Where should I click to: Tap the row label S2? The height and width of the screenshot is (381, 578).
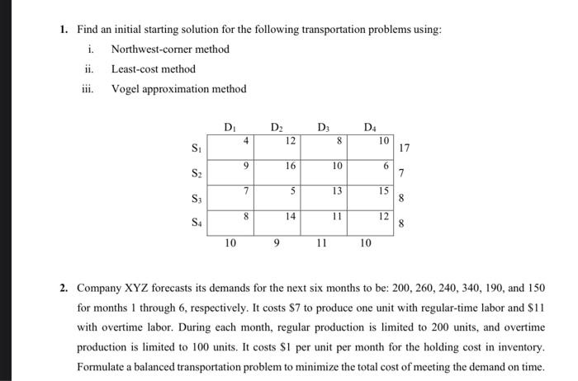click(x=196, y=174)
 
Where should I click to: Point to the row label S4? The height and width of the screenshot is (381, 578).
click(x=196, y=223)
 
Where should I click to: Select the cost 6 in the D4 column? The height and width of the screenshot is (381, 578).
click(x=385, y=165)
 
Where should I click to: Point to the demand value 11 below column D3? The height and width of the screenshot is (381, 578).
click(x=322, y=243)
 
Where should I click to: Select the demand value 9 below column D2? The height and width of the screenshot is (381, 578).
click(x=276, y=243)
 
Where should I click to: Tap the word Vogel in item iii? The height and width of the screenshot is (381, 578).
click(x=126, y=89)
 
